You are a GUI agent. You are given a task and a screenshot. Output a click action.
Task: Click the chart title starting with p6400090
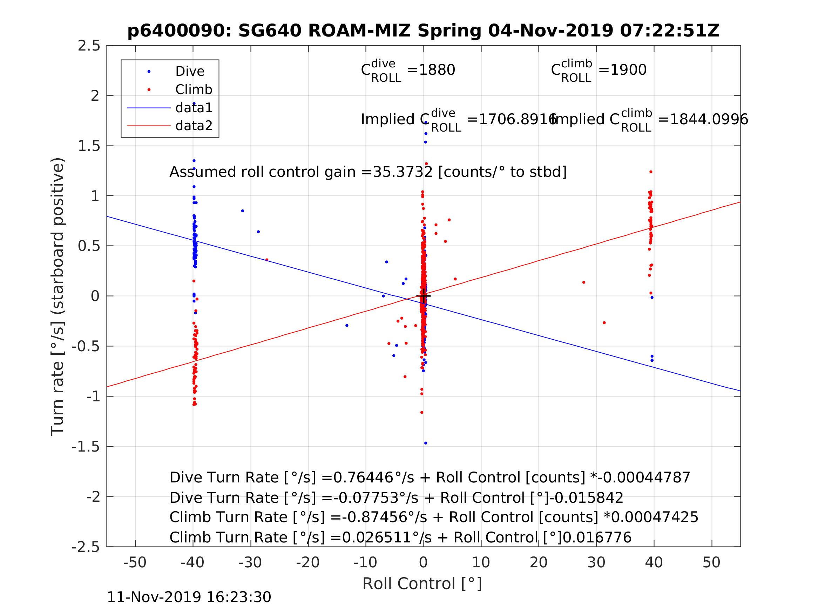click(x=423, y=31)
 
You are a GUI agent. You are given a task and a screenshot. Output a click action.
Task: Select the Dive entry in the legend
click(x=189, y=72)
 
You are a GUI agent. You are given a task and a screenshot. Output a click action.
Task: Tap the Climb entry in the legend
click(x=194, y=89)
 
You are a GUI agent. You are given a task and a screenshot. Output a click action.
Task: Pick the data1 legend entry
click(x=194, y=108)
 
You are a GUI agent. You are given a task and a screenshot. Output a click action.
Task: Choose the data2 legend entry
click(x=194, y=126)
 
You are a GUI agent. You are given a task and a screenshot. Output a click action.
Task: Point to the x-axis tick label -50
click(x=135, y=562)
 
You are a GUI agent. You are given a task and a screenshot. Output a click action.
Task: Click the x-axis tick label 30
click(x=596, y=562)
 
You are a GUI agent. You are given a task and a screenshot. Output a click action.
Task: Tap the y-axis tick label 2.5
click(x=89, y=46)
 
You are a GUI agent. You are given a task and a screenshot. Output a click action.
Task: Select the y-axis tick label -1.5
click(x=86, y=447)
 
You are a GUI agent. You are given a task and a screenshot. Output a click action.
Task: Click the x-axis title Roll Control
click(x=422, y=584)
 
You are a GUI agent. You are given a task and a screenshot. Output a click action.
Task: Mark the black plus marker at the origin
click(x=424, y=296)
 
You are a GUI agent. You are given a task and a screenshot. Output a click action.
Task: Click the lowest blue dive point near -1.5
click(x=426, y=443)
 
